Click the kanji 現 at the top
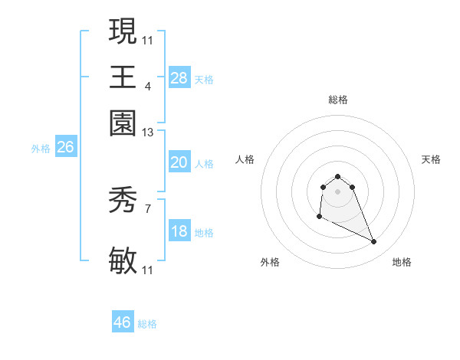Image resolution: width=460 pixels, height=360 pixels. pos(123,32)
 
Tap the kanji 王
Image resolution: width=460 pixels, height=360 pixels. pos(123,77)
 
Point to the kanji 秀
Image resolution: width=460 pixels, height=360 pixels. pos(123,201)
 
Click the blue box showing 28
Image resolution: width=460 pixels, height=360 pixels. pos(179,77)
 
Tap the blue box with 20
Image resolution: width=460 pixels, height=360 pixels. pos(179,162)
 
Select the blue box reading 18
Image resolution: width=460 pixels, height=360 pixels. pos(179,232)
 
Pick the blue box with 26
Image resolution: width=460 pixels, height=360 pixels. pos(65,148)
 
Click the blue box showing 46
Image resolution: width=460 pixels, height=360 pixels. pos(123,322)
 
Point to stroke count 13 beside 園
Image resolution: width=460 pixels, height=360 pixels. pos(148,133)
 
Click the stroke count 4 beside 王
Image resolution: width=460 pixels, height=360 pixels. pos(148,87)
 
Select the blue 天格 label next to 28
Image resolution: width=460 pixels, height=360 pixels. pos(204,80)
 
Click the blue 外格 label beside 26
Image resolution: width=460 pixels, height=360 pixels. pos(41,149)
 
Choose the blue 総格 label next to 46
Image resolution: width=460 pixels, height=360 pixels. pos(148,324)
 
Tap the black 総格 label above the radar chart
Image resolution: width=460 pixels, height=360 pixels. pos(337,100)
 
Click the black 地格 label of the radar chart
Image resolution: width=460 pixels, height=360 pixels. pos(402,263)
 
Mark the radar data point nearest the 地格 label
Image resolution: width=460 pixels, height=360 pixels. pos(374,242)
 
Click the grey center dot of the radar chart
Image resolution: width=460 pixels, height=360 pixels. pos(337,191)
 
